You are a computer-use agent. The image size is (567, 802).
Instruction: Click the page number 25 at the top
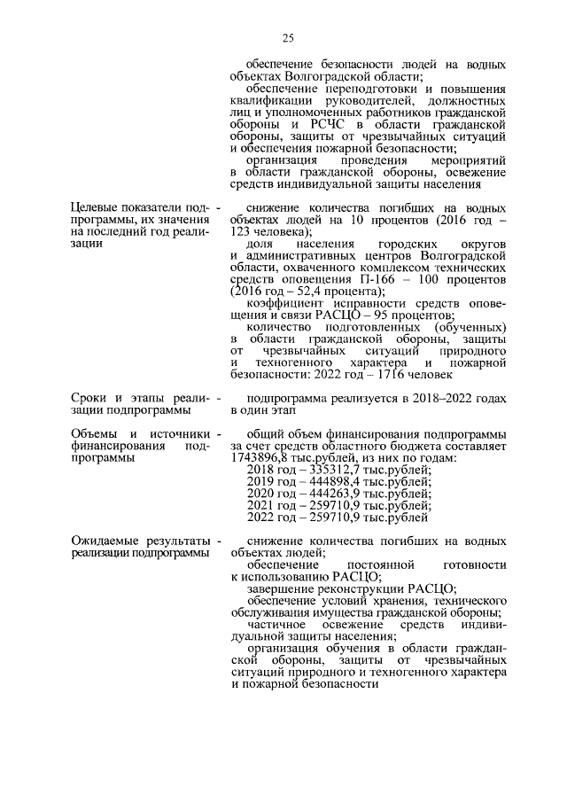tap(289, 37)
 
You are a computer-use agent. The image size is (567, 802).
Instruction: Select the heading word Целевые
tap(97, 208)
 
